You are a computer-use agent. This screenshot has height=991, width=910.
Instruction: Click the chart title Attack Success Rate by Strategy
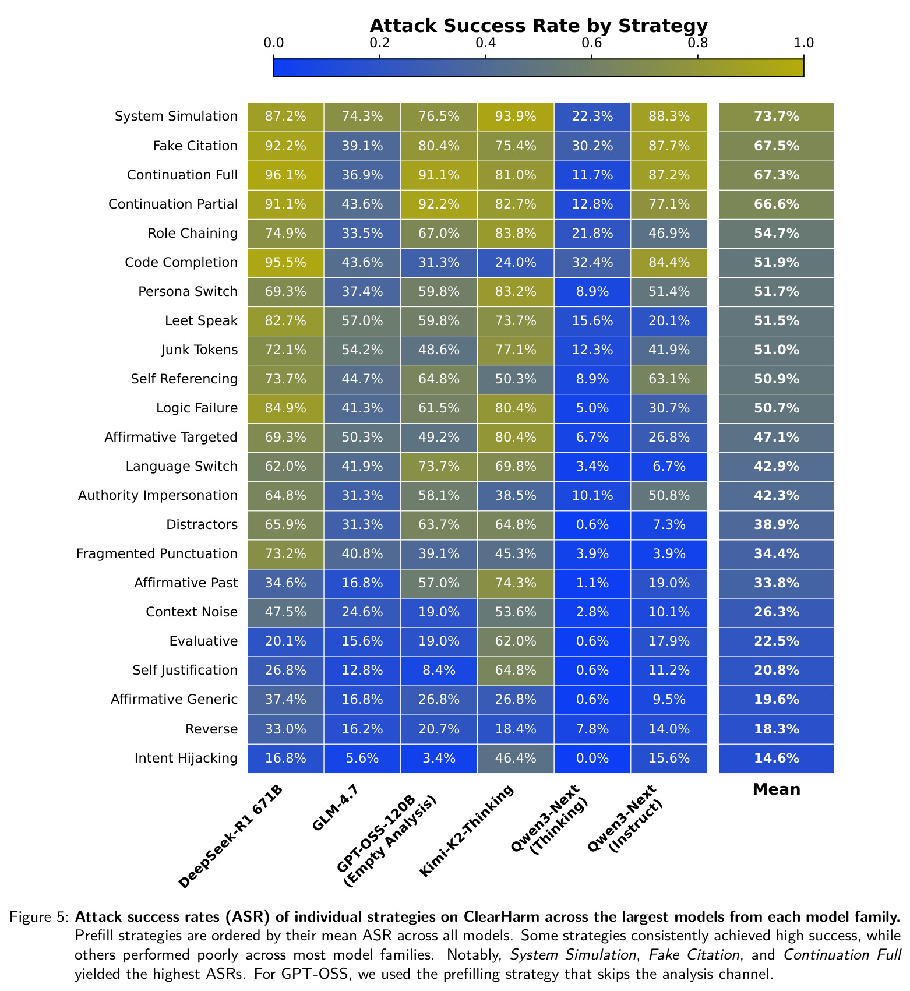tap(538, 26)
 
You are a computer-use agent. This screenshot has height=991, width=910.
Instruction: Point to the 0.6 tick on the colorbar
tap(592, 57)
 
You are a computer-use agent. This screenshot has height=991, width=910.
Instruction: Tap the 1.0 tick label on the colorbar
tap(804, 43)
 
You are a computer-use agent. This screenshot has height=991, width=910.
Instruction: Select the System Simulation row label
tap(177, 117)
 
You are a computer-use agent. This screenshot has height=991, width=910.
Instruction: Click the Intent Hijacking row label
tap(186, 758)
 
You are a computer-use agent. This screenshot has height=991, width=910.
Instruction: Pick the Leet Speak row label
tap(202, 320)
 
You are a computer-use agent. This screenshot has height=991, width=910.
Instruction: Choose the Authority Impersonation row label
tap(158, 495)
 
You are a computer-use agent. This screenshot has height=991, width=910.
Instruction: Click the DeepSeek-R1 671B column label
tap(231, 837)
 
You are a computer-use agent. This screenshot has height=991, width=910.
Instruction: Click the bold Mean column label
tap(777, 789)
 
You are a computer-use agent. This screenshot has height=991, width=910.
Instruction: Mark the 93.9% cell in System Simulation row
tap(516, 117)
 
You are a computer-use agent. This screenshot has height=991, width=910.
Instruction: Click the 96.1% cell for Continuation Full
tap(285, 175)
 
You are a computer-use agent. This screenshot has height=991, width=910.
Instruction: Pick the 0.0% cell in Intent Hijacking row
tap(592, 758)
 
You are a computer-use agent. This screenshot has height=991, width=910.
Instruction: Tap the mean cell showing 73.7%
tap(777, 117)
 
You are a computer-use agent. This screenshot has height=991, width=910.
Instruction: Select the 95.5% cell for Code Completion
tap(285, 262)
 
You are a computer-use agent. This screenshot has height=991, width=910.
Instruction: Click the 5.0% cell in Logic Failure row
tap(592, 408)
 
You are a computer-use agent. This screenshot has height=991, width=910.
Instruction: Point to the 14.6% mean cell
tap(777, 758)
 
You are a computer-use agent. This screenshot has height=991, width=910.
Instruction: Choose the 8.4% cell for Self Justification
tap(439, 670)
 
